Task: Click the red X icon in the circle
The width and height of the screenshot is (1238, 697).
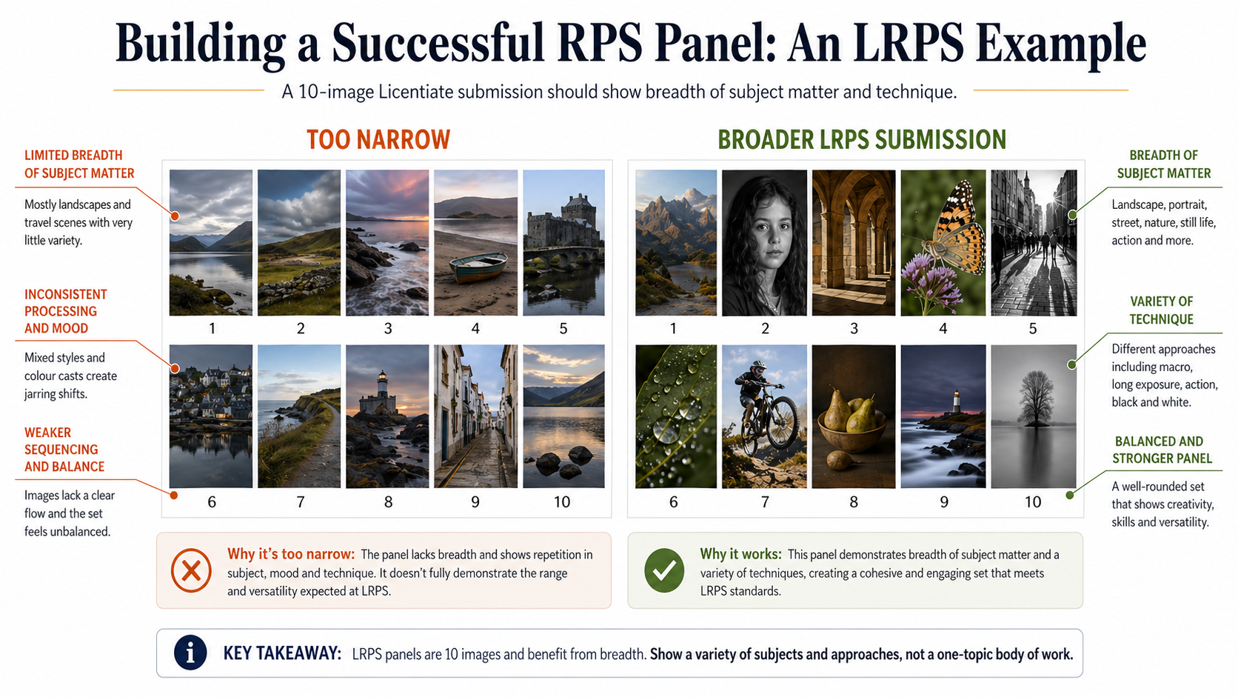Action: [191, 571]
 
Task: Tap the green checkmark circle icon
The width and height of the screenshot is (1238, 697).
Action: [664, 571]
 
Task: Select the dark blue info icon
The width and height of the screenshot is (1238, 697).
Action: [190, 653]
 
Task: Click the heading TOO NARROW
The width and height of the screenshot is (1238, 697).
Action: [378, 140]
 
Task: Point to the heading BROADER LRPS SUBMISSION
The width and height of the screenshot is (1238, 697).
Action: [862, 140]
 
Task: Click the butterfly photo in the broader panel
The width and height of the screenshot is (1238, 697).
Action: [943, 242]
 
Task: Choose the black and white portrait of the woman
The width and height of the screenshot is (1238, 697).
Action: [764, 242]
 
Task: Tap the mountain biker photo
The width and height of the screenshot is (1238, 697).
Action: [764, 416]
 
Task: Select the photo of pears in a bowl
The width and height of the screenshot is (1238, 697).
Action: [853, 416]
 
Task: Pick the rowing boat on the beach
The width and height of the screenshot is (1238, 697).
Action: [479, 268]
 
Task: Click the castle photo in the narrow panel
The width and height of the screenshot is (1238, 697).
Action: [563, 242]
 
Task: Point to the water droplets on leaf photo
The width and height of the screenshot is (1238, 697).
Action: [675, 416]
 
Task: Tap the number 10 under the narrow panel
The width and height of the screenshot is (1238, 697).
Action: [562, 502]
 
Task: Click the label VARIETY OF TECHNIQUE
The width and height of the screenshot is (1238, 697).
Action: [1161, 310]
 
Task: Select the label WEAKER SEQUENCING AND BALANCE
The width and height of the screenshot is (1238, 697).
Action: [64, 450]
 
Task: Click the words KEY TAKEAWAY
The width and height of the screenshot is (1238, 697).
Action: [282, 654]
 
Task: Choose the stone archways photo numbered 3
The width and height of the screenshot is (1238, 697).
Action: [853, 242]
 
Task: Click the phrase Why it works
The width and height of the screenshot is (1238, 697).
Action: [740, 554]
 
